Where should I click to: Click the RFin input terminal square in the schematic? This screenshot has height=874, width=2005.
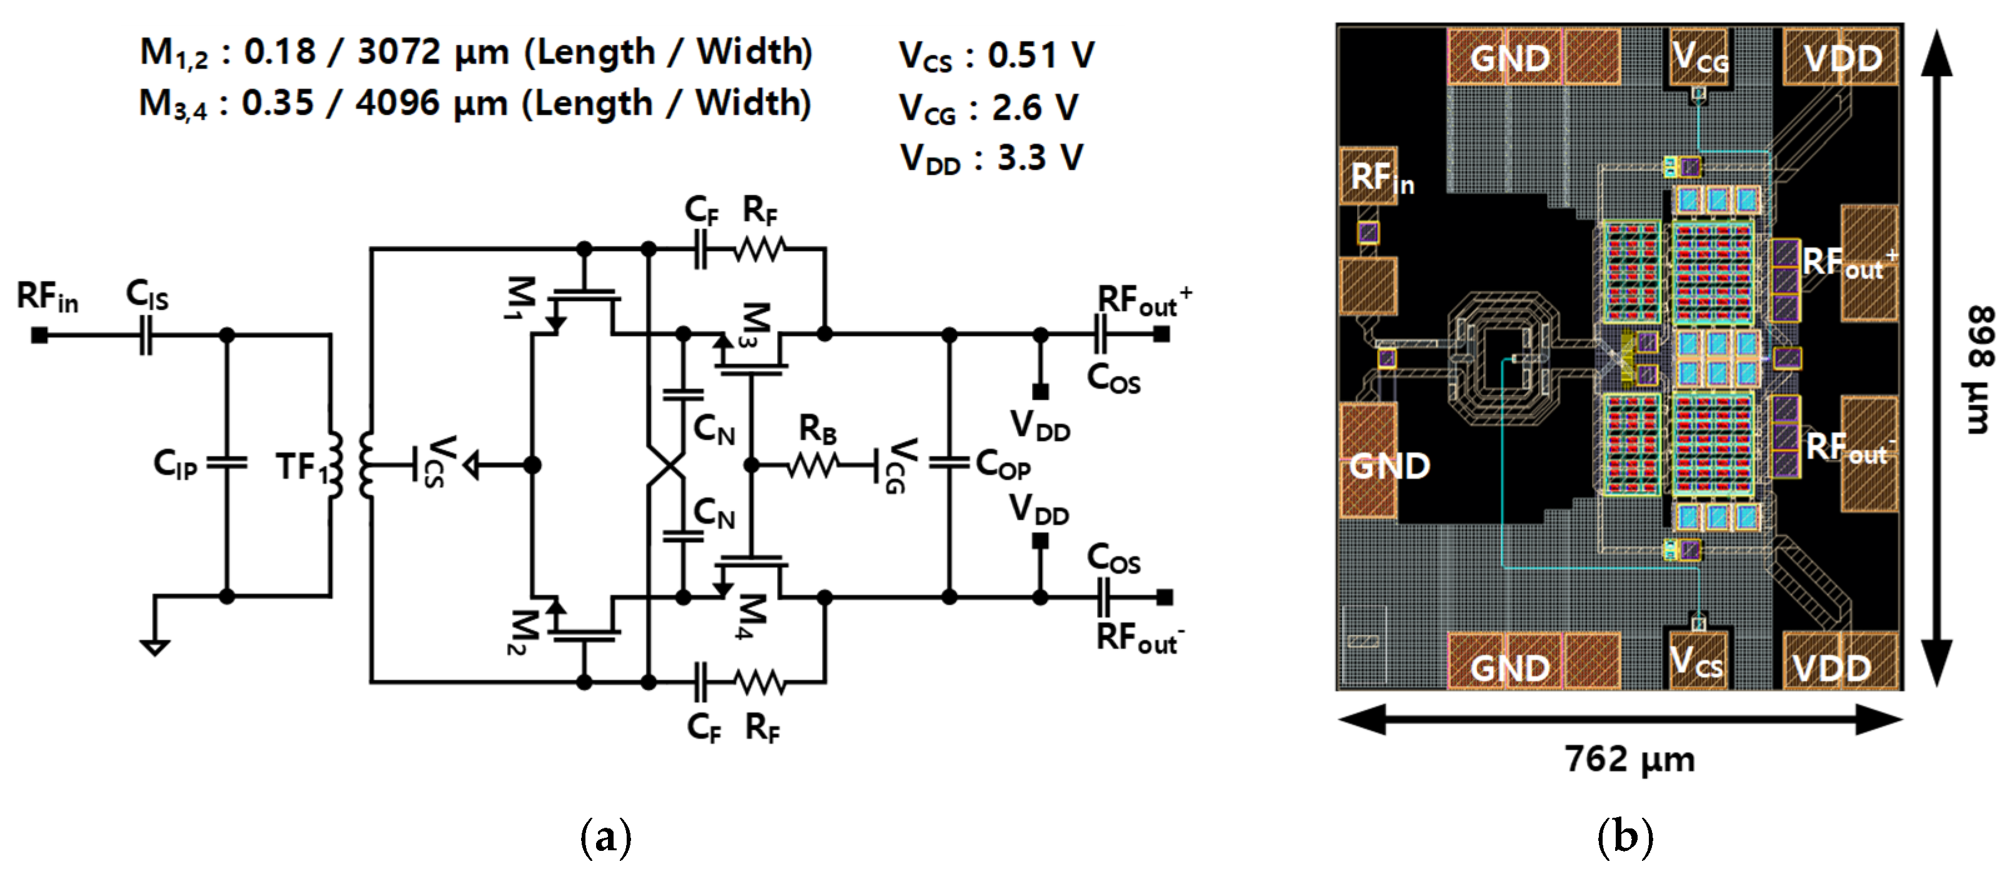point(39,335)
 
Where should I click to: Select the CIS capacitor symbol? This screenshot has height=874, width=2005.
point(146,335)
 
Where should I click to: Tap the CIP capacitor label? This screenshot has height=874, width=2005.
point(175,465)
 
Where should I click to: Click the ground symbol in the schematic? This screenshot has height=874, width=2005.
point(155,647)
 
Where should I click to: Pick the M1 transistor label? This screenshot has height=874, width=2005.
point(520,297)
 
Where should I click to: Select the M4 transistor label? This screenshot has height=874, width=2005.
point(752,617)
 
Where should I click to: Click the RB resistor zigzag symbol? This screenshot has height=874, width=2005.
point(813,465)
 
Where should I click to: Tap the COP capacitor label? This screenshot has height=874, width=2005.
point(1003,465)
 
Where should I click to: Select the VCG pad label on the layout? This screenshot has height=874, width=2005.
point(1700,57)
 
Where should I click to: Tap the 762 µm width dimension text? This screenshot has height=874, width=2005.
point(1630,759)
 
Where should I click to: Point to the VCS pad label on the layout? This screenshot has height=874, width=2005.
point(1697,662)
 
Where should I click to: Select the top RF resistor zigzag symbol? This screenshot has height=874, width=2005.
point(760,249)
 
